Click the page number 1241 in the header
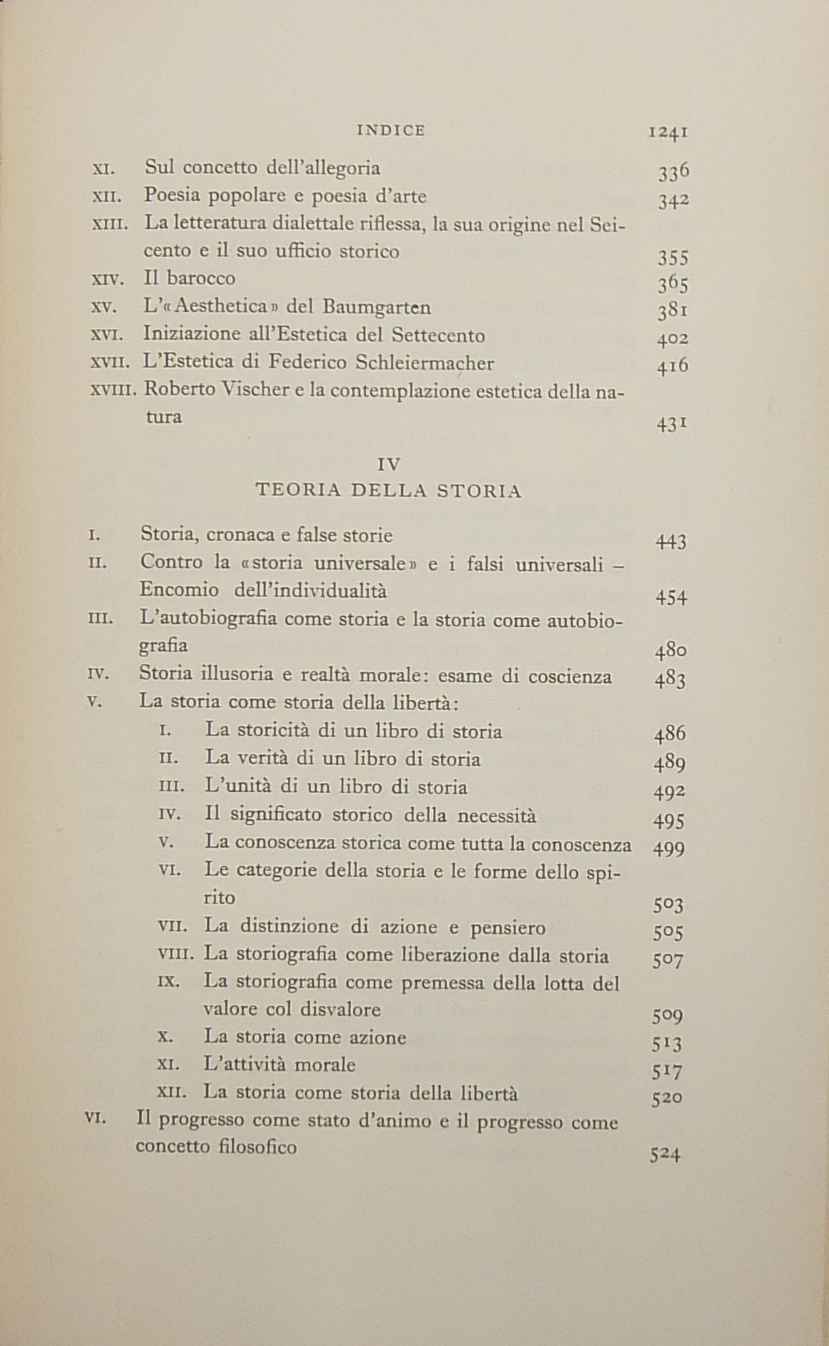pos(668,132)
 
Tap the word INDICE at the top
pos(391,130)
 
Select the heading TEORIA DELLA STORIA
pos(389,491)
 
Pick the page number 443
pos(670,542)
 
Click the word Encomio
pos(179,590)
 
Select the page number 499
pos(668,849)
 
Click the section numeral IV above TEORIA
pos(389,464)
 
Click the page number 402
pos(672,338)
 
